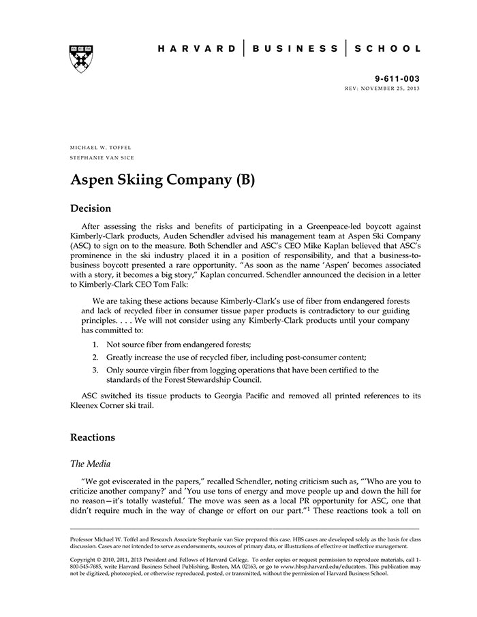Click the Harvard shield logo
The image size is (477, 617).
tap(81, 59)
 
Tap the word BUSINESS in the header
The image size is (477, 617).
tap(295, 49)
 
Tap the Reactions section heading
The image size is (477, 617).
tap(93, 437)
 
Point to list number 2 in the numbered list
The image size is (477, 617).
tap(95, 357)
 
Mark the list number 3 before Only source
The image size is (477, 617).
tap(95, 370)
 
